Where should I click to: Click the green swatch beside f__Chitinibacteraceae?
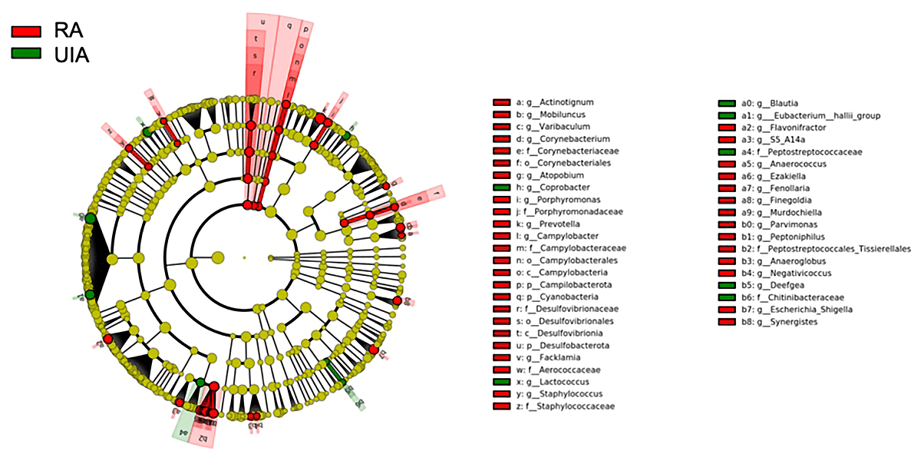pos(727,297)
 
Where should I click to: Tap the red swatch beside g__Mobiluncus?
pos(502,114)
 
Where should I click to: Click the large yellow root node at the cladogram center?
pos(217,257)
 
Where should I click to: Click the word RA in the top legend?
pos(68,31)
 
